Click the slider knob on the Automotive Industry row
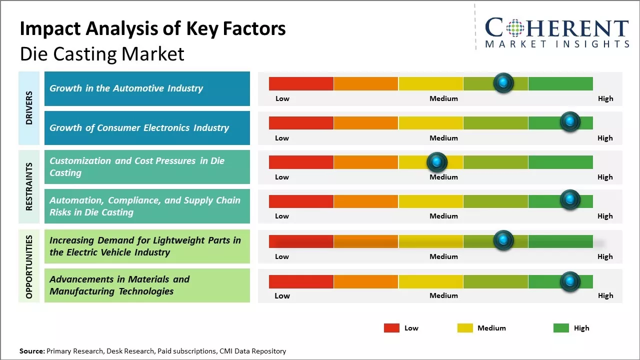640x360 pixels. tap(503, 82)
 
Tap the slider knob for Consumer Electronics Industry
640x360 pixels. tap(569, 121)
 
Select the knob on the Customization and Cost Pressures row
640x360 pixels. tap(437, 161)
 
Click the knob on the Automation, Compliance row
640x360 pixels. tap(569, 199)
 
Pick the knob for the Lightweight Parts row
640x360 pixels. tap(503, 240)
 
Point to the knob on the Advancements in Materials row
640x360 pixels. tap(569, 281)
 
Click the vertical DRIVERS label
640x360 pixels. tap(29, 108)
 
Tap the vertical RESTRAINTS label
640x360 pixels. tap(29, 186)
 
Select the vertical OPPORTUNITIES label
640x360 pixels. tap(29, 266)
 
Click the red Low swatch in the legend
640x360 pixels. tap(391, 328)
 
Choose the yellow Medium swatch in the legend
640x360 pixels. tap(465, 328)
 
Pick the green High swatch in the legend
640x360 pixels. tap(561, 328)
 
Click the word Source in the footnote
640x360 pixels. tap(31, 351)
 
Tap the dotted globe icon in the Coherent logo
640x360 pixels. tap(515, 28)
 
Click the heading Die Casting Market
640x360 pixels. tap(102, 54)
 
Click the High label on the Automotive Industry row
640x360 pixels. tap(605, 98)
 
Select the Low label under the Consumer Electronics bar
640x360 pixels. tap(282, 138)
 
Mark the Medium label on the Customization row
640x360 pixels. tap(443, 177)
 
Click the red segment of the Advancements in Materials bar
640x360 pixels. tap(301, 281)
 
